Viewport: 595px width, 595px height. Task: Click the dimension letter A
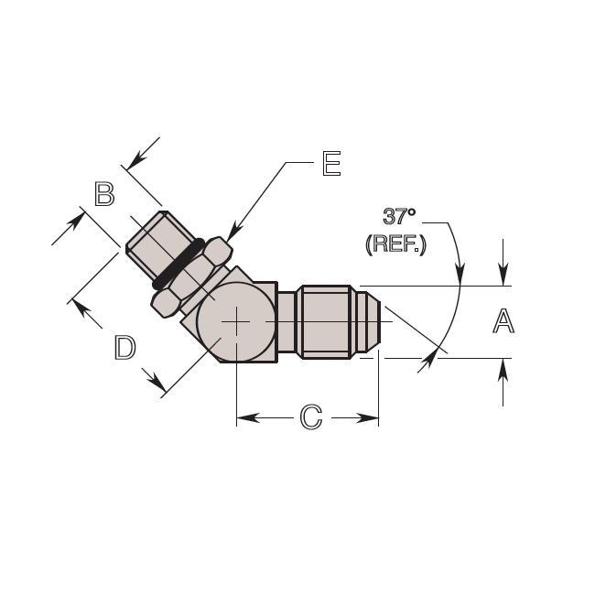[503, 321]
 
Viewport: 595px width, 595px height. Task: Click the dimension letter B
[104, 194]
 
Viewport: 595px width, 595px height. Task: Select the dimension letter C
[311, 417]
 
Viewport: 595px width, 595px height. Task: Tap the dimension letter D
[124, 348]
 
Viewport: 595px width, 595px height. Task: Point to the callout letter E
[331, 163]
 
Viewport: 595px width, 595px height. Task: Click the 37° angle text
[399, 216]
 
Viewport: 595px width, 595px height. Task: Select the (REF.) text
[395, 243]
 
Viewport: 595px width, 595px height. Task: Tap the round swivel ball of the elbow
[236, 322]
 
